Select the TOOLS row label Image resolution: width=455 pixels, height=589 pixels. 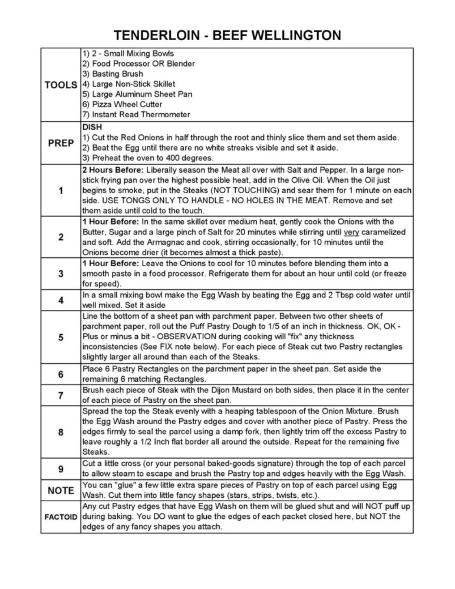61,85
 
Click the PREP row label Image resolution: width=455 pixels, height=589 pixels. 61,143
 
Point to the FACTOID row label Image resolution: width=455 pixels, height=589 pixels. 61,517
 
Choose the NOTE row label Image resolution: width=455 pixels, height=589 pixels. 61,491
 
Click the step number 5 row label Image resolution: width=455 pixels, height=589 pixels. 61,337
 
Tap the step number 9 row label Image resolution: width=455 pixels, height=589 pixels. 61,469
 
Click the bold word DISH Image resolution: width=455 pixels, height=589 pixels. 92,127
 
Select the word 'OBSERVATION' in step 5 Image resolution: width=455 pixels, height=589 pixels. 186,337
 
